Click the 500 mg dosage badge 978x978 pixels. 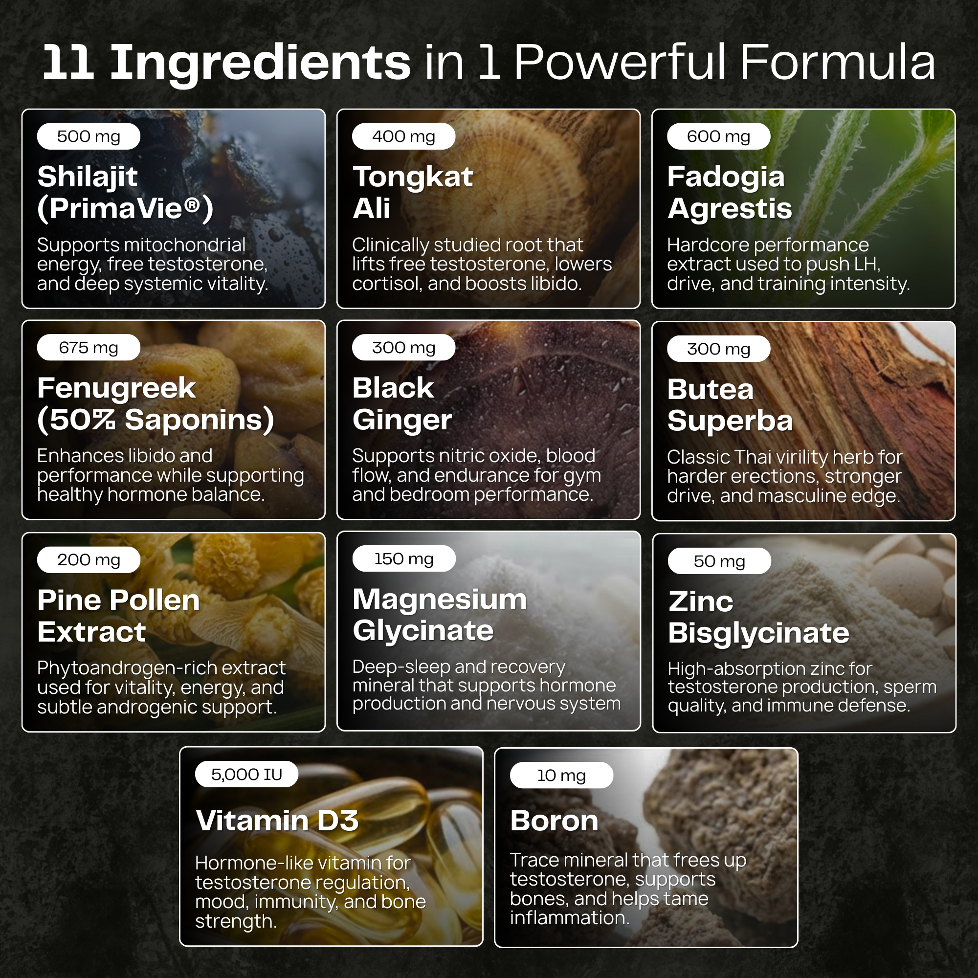point(89,136)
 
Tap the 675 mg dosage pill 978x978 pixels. point(89,347)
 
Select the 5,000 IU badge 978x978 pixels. point(246,774)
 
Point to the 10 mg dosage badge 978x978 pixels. point(561,775)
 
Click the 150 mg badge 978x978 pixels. point(404,558)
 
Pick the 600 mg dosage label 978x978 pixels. point(719,136)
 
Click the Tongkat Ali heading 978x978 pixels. point(413,192)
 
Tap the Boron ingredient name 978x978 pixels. point(555,821)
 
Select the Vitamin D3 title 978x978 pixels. point(277,821)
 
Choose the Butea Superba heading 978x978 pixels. point(730,405)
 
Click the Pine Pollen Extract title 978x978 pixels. point(118,616)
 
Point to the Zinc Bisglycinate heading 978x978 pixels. point(758,617)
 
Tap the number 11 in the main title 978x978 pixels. point(68,62)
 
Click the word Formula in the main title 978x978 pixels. point(838,62)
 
